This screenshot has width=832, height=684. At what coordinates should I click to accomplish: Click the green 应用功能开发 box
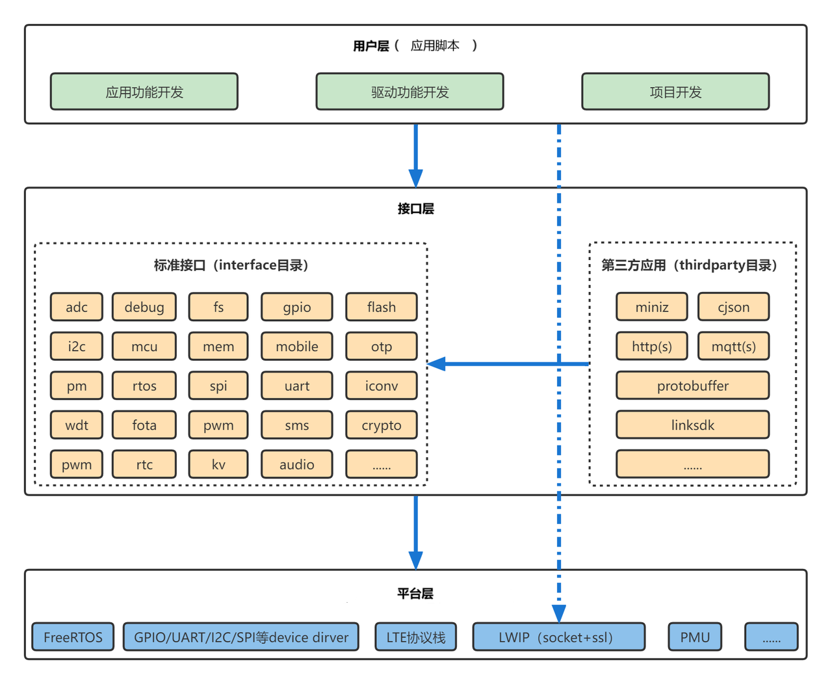(x=144, y=91)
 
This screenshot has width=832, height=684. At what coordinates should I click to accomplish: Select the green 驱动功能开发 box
(x=409, y=91)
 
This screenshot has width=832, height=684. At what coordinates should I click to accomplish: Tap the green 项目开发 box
(x=675, y=91)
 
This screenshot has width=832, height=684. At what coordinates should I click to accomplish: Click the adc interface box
(x=77, y=307)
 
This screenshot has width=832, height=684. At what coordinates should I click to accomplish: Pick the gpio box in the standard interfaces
(x=296, y=307)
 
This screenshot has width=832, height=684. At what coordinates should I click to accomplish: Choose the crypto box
(x=381, y=425)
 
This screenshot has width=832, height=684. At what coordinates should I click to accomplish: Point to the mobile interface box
(x=296, y=346)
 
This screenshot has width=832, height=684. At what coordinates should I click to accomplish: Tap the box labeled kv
(x=218, y=464)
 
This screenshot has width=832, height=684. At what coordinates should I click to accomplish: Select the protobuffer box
(x=692, y=385)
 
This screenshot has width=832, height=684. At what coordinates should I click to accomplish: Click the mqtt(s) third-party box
(x=733, y=346)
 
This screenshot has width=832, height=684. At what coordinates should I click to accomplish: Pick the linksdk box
(x=692, y=425)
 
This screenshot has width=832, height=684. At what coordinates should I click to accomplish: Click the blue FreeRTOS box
(x=73, y=637)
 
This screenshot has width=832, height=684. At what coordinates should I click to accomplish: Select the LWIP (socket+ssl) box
(x=558, y=637)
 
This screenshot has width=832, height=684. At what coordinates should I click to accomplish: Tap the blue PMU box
(x=695, y=637)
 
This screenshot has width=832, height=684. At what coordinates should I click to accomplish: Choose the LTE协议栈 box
(x=415, y=637)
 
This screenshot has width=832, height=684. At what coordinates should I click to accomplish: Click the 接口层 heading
(x=415, y=209)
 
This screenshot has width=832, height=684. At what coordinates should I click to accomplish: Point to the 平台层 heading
(x=415, y=593)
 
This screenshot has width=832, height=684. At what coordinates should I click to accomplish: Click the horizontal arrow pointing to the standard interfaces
(x=508, y=363)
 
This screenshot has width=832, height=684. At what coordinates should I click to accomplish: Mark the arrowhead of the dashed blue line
(x=558, y=614)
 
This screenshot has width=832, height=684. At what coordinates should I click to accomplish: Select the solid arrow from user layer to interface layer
(x=415, y=155)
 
